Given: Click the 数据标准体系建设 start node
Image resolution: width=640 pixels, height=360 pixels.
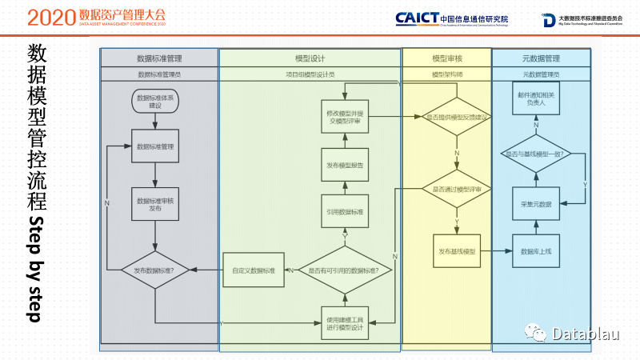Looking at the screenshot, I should [x=154, y=102].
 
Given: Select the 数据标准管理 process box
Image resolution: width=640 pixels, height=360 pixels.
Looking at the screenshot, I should [x=154, y=146].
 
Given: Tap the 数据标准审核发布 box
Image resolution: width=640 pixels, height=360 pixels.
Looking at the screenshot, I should [x=154, y=204].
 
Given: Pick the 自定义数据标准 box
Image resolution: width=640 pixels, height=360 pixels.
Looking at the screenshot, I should [x=254, y=271].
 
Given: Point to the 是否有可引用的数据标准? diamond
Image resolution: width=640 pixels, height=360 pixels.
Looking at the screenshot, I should [x=344, y=271].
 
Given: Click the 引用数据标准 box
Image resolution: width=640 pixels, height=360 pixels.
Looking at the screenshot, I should [x=344, y=212].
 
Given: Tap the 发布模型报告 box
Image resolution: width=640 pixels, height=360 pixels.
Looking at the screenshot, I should [x=344, y=166].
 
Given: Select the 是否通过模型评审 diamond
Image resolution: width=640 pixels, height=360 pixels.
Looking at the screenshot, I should [x=457, y=190].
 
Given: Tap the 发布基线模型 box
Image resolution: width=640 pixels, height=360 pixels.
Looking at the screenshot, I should [x=457, y=252].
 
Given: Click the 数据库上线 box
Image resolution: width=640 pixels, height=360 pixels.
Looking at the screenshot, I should [x=536, y=252].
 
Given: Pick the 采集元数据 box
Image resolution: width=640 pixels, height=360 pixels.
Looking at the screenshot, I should [x=536, y=204].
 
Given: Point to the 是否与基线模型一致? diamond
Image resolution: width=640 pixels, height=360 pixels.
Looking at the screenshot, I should [x=536, y=154].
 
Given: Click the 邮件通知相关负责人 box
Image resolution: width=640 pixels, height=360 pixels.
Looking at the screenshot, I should [x=536, y=101].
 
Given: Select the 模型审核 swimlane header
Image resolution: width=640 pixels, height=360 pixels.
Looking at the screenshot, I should [x=446, y=58].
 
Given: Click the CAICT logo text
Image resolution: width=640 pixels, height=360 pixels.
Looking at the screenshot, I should [x=416, y=18].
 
